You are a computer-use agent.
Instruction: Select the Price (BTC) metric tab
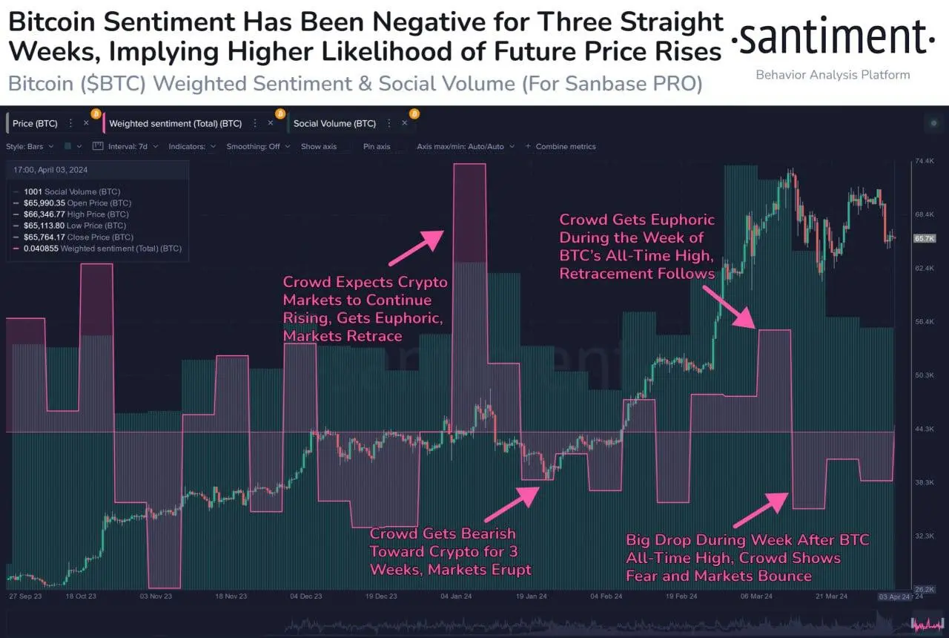point(35,123)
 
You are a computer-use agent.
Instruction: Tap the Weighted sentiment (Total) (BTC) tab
point(175,123)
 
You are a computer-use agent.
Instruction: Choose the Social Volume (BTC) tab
point(334,123)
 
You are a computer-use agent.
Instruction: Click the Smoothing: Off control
point(253,146)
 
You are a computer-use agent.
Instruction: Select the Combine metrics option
point(564,146)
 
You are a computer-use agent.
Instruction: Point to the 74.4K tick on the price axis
point(925,161)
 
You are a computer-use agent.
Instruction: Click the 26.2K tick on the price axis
point(925,589)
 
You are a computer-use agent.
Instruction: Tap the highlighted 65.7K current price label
point(925,238)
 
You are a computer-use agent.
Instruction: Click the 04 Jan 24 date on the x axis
point(455,596)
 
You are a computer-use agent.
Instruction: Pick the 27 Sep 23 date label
point(24,596)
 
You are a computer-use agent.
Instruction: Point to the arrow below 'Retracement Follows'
point(729,305)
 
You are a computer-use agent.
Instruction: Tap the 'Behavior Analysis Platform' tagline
point(833,74)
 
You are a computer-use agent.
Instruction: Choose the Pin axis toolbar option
point(377,146)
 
